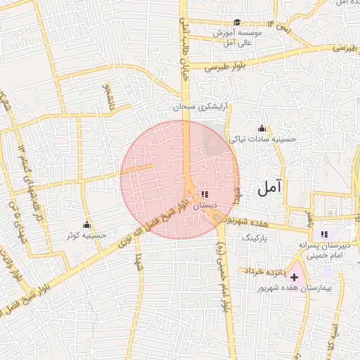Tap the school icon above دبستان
pyautogui.click(x=205, y=194)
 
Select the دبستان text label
pyautogui.click(x=205, y=205)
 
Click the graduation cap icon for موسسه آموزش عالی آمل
pyautogui.click(x=237, y=22)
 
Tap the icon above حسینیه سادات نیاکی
pyautogui.click(x=262, y=129)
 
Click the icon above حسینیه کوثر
pyautogui.click(x=86, y=225)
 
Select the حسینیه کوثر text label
pyautogui.click(x=86, y=236)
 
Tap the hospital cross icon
pyautogui.click(x=294, y=278)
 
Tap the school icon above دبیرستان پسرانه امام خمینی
pyautogui.click(x=324, y=234)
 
